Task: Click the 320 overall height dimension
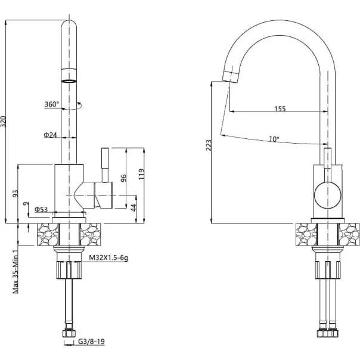tap(3, 122)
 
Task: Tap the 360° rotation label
tap(52, 104)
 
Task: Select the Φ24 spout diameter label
tap(50, 135)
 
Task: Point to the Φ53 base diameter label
tap(41, 209)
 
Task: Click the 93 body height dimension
tap(15, 194)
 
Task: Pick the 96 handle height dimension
tap(123, 178)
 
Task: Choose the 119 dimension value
tap(141, 174)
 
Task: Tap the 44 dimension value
tap(134, 207)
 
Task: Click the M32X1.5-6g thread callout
tap(108, 258)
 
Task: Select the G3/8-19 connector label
tap(91, 342)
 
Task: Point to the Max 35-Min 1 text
tap(15, 272)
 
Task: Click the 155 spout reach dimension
tap(280, 108)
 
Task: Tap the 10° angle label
tap(274, 139)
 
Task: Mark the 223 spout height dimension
tap(209, 145)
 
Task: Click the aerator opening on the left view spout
tap(69, 81)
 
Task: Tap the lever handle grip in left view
tap(105, 158)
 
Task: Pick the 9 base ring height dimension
tap(27, 203)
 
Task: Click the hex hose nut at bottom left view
tap(69, 333)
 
